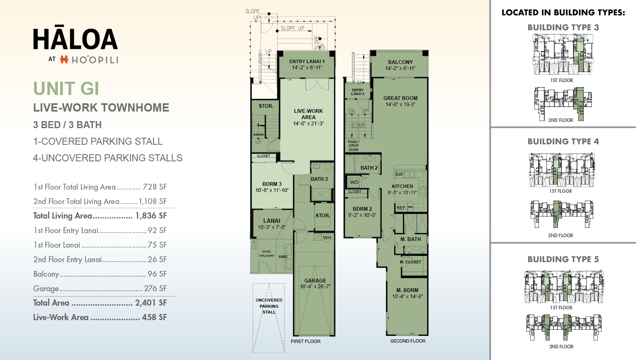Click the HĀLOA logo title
click(76, 39)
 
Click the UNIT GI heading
click(66, 88)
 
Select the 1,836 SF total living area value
click(151, 216)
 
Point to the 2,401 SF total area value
click(151, 303)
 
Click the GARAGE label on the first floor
click(315, 281)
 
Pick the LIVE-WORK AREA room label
click(308, 114)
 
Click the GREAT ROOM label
click(400, 98)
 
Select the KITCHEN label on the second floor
click(402, 186)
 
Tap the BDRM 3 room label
click(272, 184)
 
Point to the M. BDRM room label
click(407, 290)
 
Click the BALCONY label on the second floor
click(400, 62)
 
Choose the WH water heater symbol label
click(327, 238)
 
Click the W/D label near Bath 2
click(354, 182)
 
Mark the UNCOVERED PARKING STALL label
click(269, 306)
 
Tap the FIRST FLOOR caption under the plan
click(305, 341)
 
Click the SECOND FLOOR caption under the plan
click(408, 341)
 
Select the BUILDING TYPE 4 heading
click(563, 141)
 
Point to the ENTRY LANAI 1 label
click(307, 61)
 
